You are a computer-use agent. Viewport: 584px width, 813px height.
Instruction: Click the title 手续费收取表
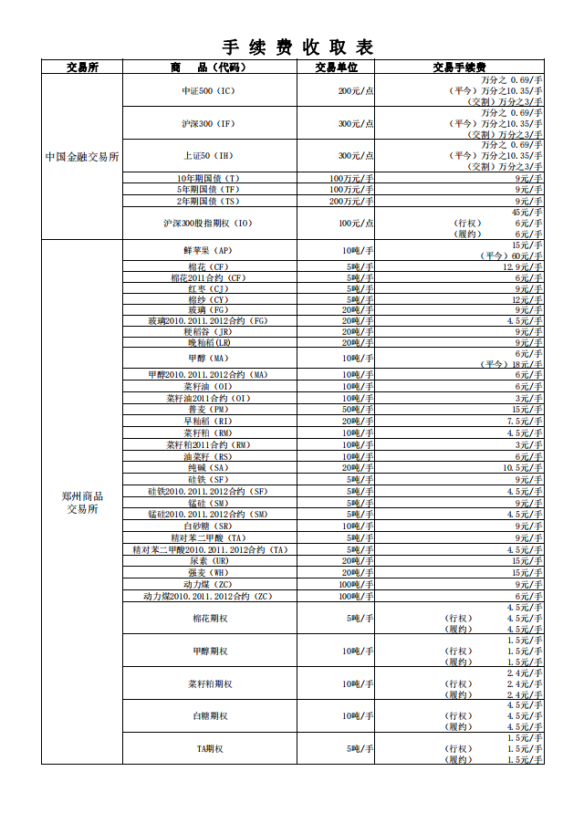298,47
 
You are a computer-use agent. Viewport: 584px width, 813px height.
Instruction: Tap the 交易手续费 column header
459,67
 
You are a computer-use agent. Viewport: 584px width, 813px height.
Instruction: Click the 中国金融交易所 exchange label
82,157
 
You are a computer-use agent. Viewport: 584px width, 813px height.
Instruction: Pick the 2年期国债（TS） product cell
208,201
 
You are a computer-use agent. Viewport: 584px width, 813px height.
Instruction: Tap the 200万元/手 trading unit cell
351,201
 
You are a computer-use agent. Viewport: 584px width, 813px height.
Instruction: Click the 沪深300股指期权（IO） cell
208,223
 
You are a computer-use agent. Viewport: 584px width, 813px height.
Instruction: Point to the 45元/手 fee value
527,212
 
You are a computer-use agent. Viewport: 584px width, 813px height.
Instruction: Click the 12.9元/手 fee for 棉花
524,266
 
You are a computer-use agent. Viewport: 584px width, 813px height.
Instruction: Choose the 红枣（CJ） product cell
208,288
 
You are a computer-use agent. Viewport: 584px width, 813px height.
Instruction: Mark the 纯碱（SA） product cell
208,467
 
